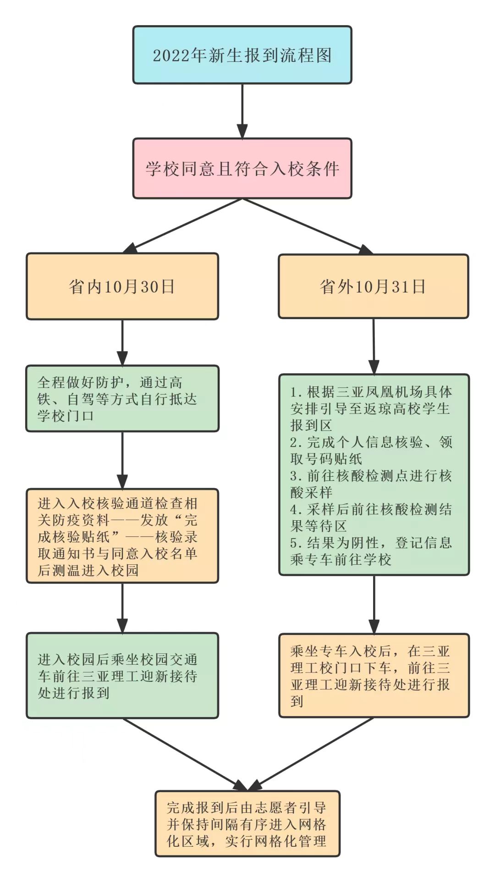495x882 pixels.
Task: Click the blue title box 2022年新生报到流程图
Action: pyautogui.click(x=242, y=55)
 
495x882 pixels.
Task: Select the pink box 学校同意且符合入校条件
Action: pyautogui.click(x=242, y=168)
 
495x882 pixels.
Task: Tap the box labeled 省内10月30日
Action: pyautogui.click(x=122, y=287)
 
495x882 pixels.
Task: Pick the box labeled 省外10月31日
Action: pyautogui.click(x=373, y=287)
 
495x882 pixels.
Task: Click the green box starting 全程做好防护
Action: pyautogui.click(x=122, y=398)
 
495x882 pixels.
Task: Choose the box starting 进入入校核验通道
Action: pyautogui.click(x=122, y=536)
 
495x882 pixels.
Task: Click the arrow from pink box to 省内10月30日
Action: pyautogui.click(x=183, y=225)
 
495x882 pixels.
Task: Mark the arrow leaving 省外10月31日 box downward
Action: pyautogui.click(x=374, y=346)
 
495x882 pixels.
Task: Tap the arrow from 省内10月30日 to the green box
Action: pyautogui.click(x=122, y=342)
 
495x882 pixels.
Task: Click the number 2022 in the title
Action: pyautogui.click(x=171, y=55)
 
